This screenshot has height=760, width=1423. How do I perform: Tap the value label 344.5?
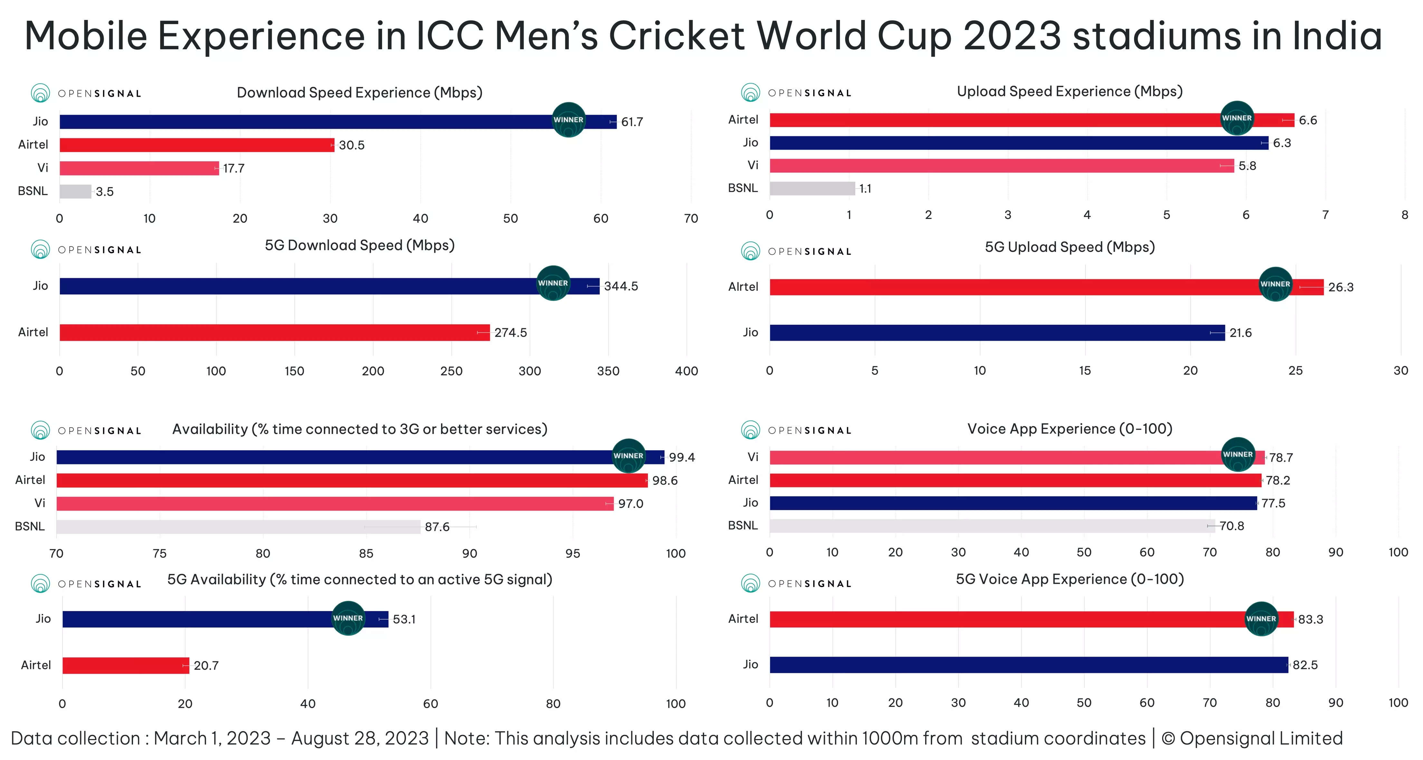point(621,286)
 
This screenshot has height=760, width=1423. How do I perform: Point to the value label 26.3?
point(1341,287)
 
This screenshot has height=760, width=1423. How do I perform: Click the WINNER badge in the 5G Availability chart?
point(348,618)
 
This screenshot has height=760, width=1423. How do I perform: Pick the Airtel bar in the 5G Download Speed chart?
point(274,332)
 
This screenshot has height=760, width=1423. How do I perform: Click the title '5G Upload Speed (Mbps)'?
point(1069,247)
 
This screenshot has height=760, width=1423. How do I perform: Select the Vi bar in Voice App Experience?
point(994,457)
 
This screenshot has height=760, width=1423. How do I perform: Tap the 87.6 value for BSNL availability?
point(437,527)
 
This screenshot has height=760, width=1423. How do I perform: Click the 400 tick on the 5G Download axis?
point(686,371)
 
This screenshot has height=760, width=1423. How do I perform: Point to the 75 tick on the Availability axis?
point(160,554)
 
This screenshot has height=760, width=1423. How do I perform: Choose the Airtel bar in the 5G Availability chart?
point(126,666)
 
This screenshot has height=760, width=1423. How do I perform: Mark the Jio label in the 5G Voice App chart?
point(750,664)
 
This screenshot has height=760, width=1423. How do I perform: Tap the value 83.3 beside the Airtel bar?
point(1310,619)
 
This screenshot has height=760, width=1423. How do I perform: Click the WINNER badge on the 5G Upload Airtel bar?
point(1275,284)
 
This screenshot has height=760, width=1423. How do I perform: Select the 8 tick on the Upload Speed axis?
point(1404,215)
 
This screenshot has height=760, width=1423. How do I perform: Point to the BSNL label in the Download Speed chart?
point(33,191)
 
